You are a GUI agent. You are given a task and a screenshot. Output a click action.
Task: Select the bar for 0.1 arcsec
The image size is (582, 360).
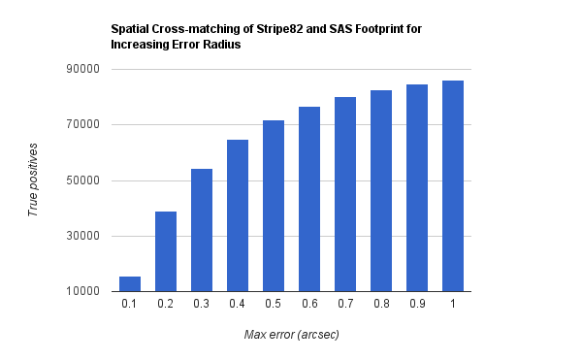pyautogui.click(x=130, y=284)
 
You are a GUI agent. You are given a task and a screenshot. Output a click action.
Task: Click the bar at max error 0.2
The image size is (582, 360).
pyautogui.click(x=166, y=251)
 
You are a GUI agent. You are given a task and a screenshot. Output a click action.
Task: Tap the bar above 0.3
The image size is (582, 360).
pyautogui.click(x=202, y=230)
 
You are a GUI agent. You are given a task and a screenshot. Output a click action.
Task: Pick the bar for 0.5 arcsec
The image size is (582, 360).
pyautogui.click(x=274, y=206)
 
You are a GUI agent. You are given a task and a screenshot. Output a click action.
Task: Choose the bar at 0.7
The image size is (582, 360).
pyautogui.click(x=345, y=194)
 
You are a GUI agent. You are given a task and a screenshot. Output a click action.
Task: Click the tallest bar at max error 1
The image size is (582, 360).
pyautogui.click(x=453, y=186)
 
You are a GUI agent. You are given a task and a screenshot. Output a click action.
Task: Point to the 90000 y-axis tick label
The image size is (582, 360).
pyautogui.click(x=83, y=69)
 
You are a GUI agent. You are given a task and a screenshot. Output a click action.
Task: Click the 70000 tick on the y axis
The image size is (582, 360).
pyautogui.click(x=83, y=124)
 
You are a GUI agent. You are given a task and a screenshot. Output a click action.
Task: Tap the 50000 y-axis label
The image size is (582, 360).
pyautogui.click(x=83, y=180)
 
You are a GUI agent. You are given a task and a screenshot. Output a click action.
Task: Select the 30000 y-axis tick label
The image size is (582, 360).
pyautogui.click(x=83, y=236)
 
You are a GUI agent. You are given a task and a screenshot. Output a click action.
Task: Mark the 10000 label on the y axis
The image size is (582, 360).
pyautogui.click(x=83, y=291)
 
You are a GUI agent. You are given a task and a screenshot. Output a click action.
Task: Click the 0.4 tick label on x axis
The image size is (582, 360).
pyautogui.click(x=238, y=304)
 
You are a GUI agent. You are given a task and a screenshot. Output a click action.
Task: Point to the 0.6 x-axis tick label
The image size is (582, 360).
pyautogui.click(x=309, y=304)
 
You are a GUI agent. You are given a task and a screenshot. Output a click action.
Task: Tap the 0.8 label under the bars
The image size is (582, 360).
pyautogui.click(x=381, y=304)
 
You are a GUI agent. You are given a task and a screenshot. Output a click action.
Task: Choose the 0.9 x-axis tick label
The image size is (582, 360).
pyautogui.click(x=417, y=304)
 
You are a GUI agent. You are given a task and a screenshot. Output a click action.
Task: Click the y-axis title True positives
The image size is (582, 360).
pyautogui.click(x=33, y=180)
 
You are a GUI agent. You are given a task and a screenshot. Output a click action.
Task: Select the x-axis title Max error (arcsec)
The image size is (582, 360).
pyautogui.click(x=292, y=335)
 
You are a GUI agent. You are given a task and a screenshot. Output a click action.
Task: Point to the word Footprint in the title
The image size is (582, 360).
pyautogui.click(x=378, y=29)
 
